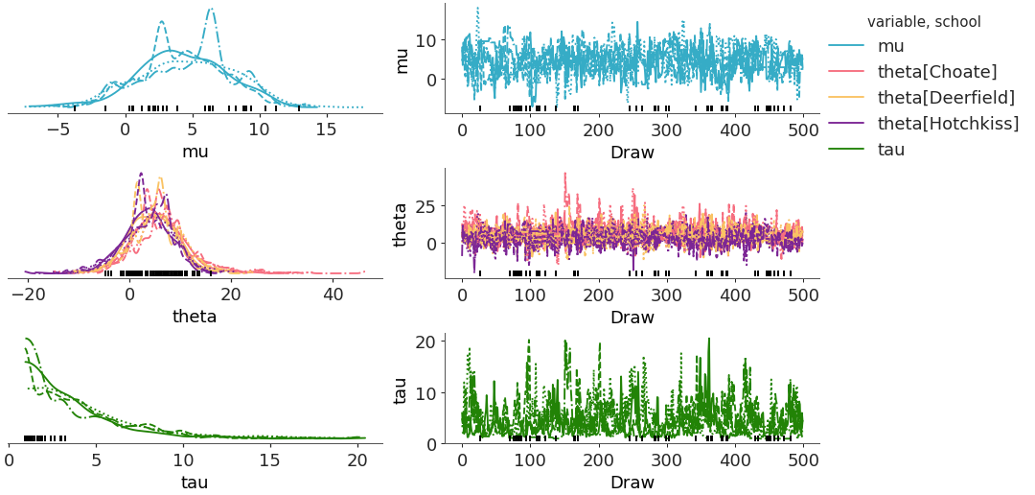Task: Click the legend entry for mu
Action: coord(892,45)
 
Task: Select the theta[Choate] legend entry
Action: coord(937,71)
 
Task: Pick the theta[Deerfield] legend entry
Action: coord(946,97)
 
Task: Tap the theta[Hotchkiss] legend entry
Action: coord(948,123)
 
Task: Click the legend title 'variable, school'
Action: coord(924,21)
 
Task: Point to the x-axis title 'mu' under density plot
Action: coord(195,151)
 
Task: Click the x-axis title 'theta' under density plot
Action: coord(195,316)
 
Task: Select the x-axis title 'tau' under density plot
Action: coord(195,482)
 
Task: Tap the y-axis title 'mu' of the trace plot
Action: coord(402,59)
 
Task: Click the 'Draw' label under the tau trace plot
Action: coord(632,482)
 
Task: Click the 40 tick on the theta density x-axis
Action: coord(332,294)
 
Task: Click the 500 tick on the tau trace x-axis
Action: coord(802,459)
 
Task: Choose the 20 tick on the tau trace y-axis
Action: coord(428,342)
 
